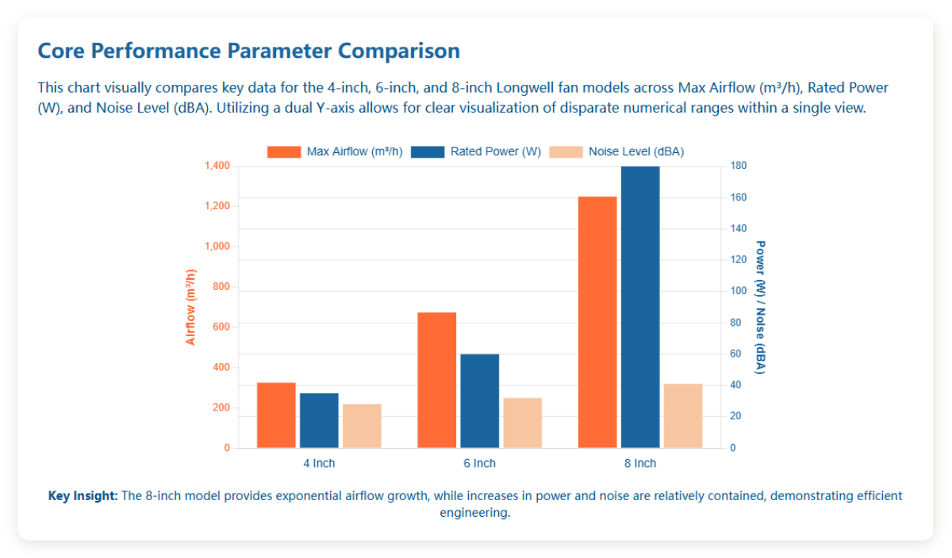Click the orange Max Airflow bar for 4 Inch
(276, 415)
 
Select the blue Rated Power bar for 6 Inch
(479, 401)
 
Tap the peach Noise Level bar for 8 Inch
(683, 416)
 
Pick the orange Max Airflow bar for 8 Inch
(597, 322)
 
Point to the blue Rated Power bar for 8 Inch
(640, 308)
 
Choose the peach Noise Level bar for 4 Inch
(362, 426)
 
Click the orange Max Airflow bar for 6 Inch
(436, 380)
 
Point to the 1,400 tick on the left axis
(217, 166)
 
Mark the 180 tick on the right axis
(739, 166)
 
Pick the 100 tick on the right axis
(739, 291)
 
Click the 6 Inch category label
(479, 464)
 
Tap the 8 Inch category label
(640, 464)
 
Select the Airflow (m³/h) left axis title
(190, 308)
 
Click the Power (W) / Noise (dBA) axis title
(760, 308)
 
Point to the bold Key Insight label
(83, 496)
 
